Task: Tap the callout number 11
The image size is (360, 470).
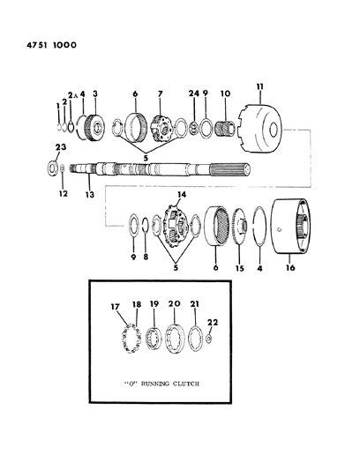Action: [x=258, y=87]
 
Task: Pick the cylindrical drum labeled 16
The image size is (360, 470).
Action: [x=305, y=233]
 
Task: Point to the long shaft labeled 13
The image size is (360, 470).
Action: [x=159, y=168]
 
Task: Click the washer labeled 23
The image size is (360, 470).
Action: [x=55, y=167]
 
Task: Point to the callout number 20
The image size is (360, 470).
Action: [x=174, y=304]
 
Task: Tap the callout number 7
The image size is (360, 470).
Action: [x=160, y=93]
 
